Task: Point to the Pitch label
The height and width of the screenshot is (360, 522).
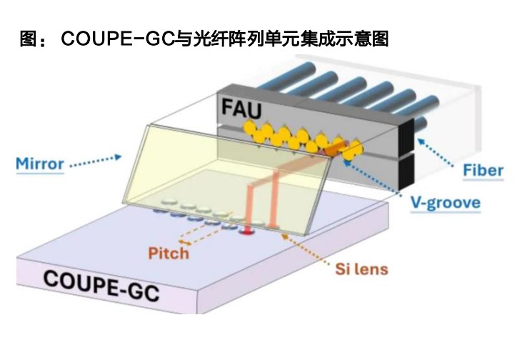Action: point(169,253)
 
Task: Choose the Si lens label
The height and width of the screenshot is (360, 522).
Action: point(362,270)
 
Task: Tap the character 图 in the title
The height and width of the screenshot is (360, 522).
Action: point(29,39)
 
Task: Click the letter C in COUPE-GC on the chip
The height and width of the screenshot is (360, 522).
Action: point(51,278)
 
